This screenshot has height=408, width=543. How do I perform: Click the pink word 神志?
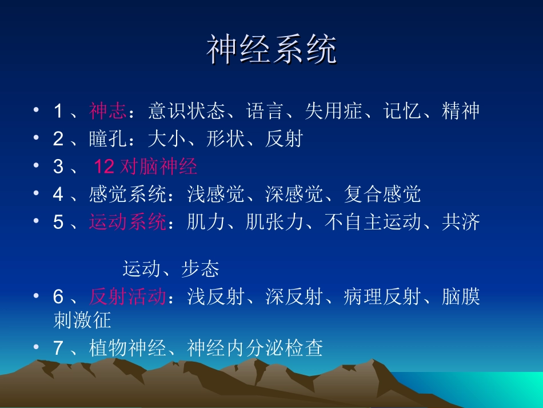(x=107, y=111)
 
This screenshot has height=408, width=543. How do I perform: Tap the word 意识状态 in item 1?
(x=186, y=111)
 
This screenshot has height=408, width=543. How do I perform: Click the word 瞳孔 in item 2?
(x=107, y=138)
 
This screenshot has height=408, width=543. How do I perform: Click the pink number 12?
(x=104, y=167)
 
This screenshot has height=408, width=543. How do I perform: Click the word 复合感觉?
(x=382, y=195)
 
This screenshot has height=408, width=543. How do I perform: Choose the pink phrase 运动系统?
(x=127, y=222)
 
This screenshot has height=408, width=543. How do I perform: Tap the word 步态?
(x=201, y=268)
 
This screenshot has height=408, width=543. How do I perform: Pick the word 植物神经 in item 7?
(x=127, y=348)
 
